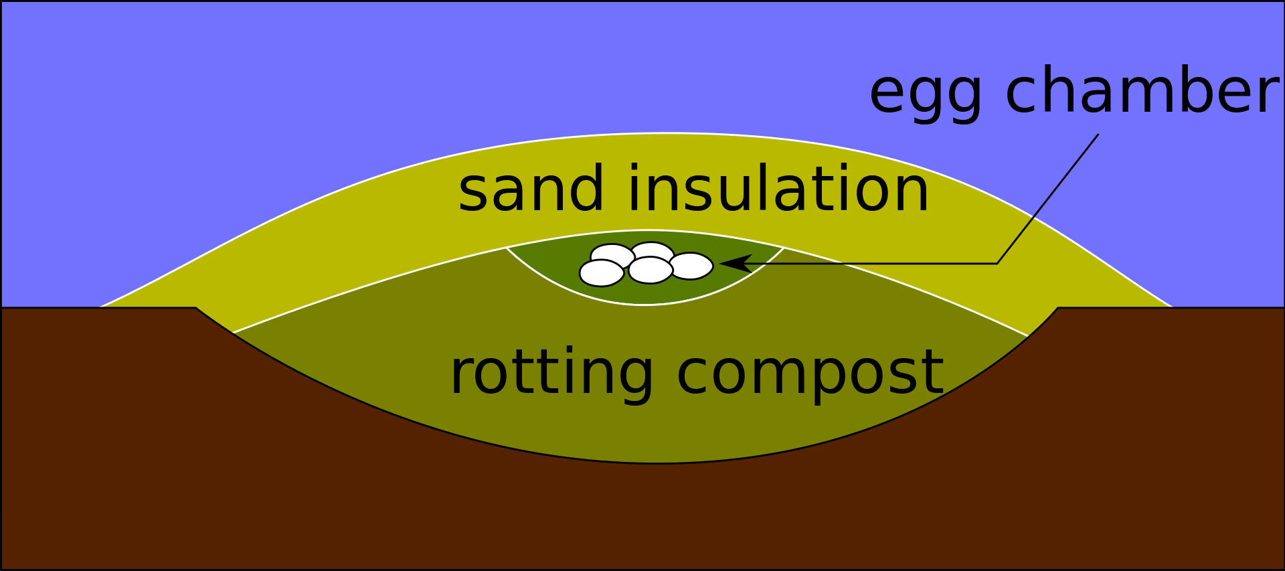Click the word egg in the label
coord(925,94)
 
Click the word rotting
coord(551,373)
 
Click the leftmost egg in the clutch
coord(601,273)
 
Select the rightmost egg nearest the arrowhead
coord(691,266)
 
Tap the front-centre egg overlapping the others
coord(650,270)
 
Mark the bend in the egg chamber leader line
coord(997,264)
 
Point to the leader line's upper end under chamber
coord(1098,135)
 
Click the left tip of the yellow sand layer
coord(102,306)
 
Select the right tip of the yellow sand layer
coord(1170,306)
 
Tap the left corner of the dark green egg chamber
coord(508,248)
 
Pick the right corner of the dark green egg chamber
coord(782,248)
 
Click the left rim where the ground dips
coord(196,308)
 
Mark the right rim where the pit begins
coord(1057,308)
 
